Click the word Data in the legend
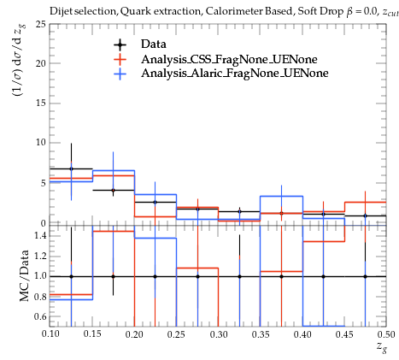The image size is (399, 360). coord(154,44)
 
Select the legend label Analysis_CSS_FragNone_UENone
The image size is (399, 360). coord(229,59)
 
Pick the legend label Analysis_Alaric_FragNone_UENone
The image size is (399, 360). coord(235,74)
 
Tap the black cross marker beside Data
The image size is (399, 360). coord(120,44)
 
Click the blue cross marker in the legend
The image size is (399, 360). coord(120,74)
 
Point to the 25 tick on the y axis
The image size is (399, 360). coord(41,24)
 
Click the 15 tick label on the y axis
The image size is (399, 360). coord(41,103)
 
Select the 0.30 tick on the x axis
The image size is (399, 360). coord(219,334)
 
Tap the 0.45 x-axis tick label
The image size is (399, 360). coord(344,334)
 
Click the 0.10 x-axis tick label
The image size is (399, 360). coord(50,334)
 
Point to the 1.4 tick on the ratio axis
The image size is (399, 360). coord(40,236)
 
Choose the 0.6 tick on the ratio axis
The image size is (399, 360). coord(40,316)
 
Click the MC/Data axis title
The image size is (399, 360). coord(24,276)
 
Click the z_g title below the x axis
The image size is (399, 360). coord(382,347)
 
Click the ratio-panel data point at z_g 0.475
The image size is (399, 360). coord(365,276)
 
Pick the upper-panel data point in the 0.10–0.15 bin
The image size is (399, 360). coord(71,168)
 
